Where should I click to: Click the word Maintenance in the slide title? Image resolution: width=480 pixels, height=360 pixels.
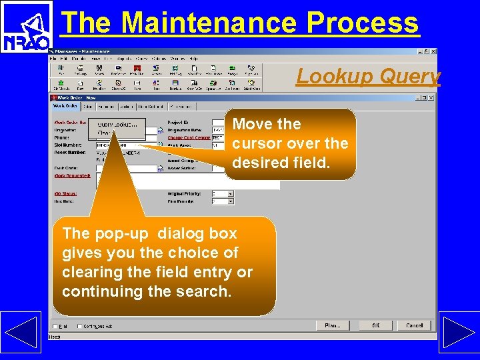(209, 23)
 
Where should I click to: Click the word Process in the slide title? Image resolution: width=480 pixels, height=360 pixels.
(363, 23)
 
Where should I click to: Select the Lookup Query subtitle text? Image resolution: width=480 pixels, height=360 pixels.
(368, 77)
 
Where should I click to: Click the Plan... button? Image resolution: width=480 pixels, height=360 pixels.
(332, 325)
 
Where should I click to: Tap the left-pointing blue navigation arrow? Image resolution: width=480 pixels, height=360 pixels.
(21, 331)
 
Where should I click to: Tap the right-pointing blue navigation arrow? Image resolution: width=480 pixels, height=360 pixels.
(459, 331)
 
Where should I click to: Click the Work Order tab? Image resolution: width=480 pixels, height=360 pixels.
(65, 107)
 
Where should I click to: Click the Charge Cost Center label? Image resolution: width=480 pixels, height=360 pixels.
(189, 138)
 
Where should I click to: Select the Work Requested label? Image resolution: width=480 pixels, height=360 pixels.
(71, 175)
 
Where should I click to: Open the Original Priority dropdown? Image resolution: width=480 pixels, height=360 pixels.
(231, 194)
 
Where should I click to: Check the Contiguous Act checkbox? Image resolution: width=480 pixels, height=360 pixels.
(79, 326)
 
